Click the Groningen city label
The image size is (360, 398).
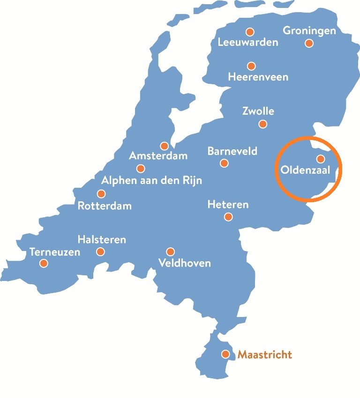coord(309,31)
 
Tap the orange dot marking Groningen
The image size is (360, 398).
coord(309,43)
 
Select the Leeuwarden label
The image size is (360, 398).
coord(248,42)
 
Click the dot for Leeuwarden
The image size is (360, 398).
coord(250,32)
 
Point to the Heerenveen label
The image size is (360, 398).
coord(258,77)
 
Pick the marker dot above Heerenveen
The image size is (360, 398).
coord(251,66)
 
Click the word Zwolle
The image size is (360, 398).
coord(258,111)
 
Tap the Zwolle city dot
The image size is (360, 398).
coord(263,124)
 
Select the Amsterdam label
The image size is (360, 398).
coord(158,155)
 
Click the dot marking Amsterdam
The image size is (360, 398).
coord(164,146)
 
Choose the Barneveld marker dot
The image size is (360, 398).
coord(224,163)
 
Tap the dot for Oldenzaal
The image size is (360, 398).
coord(321,159)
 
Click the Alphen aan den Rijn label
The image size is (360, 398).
coord(152,180)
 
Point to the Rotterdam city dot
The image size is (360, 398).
coord(101,194)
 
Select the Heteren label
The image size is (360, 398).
coord(228,205)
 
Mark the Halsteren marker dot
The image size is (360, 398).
coord(100,252)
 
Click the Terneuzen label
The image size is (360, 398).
coord(55,252)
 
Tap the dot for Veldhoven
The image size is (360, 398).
coord(171,252)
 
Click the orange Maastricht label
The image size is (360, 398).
coord(264,354)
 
